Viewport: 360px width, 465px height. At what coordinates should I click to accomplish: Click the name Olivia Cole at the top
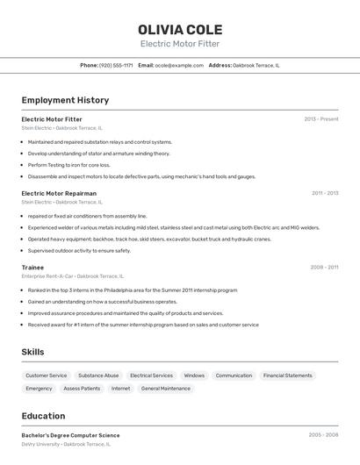tap(180, 29)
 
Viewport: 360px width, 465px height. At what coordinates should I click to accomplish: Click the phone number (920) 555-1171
tap(116, 65)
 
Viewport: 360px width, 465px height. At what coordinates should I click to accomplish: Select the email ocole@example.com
tap(179, 65)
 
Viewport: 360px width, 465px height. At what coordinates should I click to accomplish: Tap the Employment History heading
tap(65, 100)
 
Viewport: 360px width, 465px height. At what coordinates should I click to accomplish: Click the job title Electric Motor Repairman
tap(59, 193)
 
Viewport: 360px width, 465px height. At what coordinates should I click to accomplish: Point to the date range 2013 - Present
tap(321, 118)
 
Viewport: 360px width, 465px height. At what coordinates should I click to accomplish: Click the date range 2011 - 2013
tap(325, 193)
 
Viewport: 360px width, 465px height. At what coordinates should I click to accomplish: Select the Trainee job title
tap(32, 267)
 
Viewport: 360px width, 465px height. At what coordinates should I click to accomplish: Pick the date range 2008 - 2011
tap(324, 267)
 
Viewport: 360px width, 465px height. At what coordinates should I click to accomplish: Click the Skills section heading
tap(33, 352)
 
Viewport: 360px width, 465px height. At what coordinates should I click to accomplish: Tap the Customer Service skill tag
tap(47, 376)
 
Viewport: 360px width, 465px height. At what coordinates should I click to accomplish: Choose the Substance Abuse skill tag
tap(98, 376)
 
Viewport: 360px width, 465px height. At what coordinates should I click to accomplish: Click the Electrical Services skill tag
tap(151, 376)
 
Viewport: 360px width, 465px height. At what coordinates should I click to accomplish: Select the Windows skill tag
tap(194, 376)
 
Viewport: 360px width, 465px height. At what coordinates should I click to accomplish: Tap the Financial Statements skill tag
tap(287, 376)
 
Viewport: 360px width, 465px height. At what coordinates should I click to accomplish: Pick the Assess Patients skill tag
tap(82, 388)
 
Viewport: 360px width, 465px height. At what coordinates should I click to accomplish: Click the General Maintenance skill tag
tap(165, 388)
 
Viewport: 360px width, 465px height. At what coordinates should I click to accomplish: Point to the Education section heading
tap(43, 416)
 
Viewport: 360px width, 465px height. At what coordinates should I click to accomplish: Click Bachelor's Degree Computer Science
tap(70, 435)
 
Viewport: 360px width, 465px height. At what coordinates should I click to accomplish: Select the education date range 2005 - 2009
tap(323, 434)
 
